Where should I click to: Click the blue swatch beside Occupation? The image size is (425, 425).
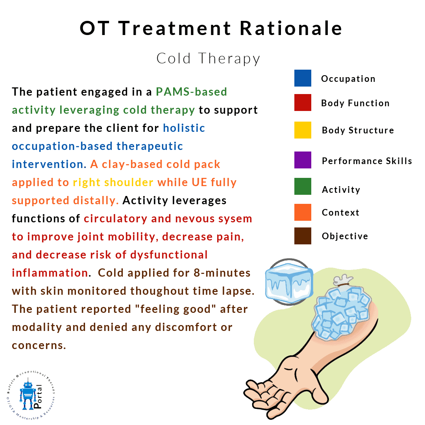pos(303,78)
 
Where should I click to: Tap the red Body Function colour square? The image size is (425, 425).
pos(303,102)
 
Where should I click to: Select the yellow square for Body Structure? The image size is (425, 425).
pos(303,130)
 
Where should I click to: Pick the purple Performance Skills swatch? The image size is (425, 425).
pos(303,160)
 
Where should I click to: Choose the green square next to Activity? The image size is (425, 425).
pos(303,186)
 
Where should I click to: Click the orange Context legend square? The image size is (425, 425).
pos(303,212)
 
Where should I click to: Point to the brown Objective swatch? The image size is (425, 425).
pos(303,236)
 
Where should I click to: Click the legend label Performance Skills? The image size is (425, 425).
pos(367,161)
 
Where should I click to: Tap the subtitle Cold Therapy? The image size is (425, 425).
pos(208,59)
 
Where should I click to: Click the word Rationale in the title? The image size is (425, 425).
pos(291,28)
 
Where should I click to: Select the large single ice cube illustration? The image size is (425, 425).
pos(289,282)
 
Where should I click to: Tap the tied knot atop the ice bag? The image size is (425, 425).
pos(343,280)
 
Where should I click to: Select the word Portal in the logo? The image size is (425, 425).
pos(38,396)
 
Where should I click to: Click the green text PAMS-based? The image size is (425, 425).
pos(191,92)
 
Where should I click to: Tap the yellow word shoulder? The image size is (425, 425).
pos(129,183)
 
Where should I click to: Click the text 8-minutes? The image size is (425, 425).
pos(222,273)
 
